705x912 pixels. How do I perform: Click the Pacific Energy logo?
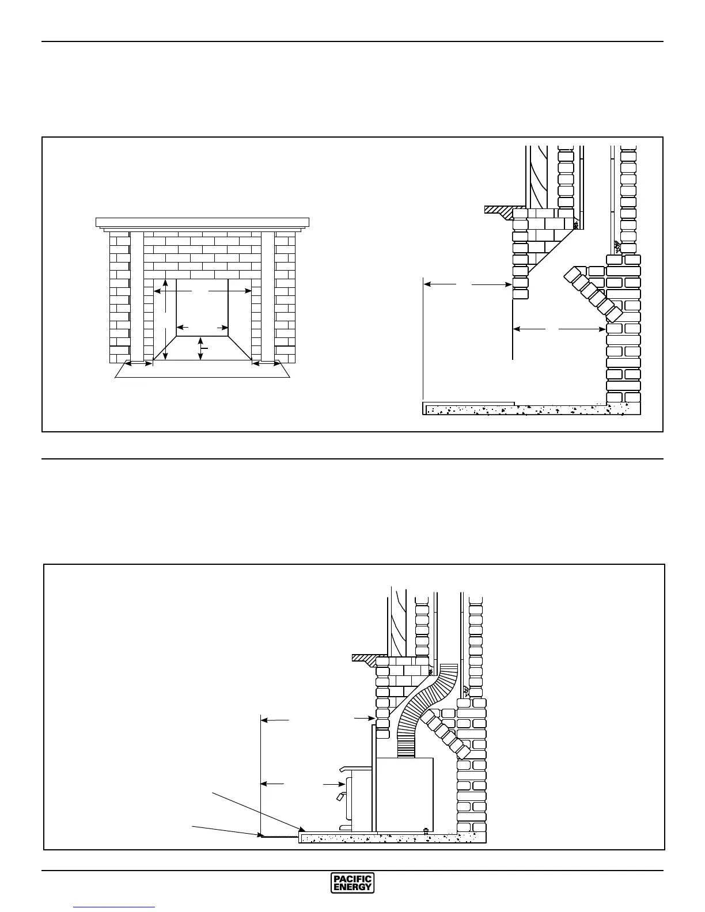(x=352, y=883)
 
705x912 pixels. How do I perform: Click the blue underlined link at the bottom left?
(x=114, y=908)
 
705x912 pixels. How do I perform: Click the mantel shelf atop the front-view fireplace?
(x=202, y=222)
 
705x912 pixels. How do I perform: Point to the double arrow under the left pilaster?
(x=139, y=364)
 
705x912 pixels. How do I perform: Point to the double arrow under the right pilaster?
(x=266, y=364)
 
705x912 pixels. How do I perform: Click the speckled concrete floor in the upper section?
(x=530, y=410)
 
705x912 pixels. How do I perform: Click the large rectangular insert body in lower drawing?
(x=404, y=795)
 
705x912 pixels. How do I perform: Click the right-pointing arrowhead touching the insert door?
(x=341, y=784)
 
